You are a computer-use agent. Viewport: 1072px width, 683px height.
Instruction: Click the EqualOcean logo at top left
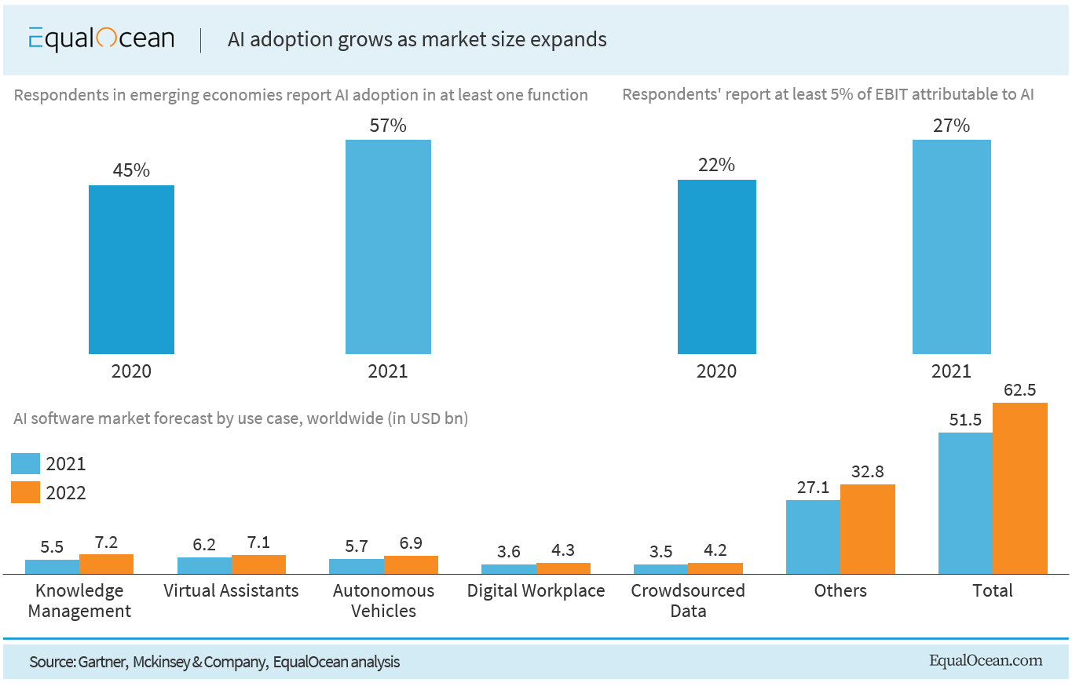pos(101,39)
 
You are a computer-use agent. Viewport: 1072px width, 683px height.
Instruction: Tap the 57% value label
pos(388,125)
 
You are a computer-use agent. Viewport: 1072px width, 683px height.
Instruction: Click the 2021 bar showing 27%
pos(951,247)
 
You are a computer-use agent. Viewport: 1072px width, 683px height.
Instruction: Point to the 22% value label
pos(716,165)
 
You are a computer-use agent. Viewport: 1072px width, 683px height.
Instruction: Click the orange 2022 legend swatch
pos(26,492)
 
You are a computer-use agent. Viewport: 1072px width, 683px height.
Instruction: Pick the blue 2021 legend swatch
pos(26,463)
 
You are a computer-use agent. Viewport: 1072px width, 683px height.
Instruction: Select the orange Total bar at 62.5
pos(1019,488)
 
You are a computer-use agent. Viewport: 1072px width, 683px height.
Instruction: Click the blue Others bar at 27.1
pos(813,537)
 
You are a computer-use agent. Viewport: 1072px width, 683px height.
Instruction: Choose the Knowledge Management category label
pos(79,601)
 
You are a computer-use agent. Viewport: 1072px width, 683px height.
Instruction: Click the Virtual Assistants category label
pos(231,590)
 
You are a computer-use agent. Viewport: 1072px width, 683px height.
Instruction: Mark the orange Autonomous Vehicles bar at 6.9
pos(411,564)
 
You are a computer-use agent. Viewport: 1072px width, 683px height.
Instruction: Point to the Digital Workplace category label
pos(536,590)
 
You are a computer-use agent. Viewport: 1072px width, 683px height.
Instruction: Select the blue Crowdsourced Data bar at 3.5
pos(660,569)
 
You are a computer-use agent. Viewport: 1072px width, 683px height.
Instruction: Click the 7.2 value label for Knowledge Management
pos(106,541)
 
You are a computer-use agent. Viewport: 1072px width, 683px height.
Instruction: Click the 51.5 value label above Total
pos(965,419)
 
